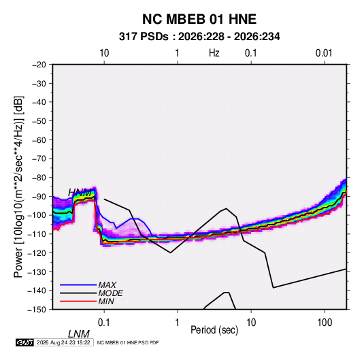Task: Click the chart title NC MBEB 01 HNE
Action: [199, 19]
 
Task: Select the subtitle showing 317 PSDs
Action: [199, 37]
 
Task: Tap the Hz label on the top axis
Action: [214, 53]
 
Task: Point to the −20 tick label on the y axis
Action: [39, 65]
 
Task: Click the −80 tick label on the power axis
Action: [39, 178]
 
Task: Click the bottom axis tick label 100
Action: [325, 323]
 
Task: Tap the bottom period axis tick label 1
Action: [178, 323]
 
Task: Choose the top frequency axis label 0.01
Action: [324, 53]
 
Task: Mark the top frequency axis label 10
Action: [104, 53]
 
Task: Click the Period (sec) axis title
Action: [214, 329]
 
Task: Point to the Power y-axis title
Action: [18, 186]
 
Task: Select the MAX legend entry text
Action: [107, 284]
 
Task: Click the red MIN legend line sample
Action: [78, 301]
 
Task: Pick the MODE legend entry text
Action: [110, 293]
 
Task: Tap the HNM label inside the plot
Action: [80, 193]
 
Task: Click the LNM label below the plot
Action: [78, 334]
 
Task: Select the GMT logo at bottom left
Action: [24, 342]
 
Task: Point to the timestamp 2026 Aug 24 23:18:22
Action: [63, 342]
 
